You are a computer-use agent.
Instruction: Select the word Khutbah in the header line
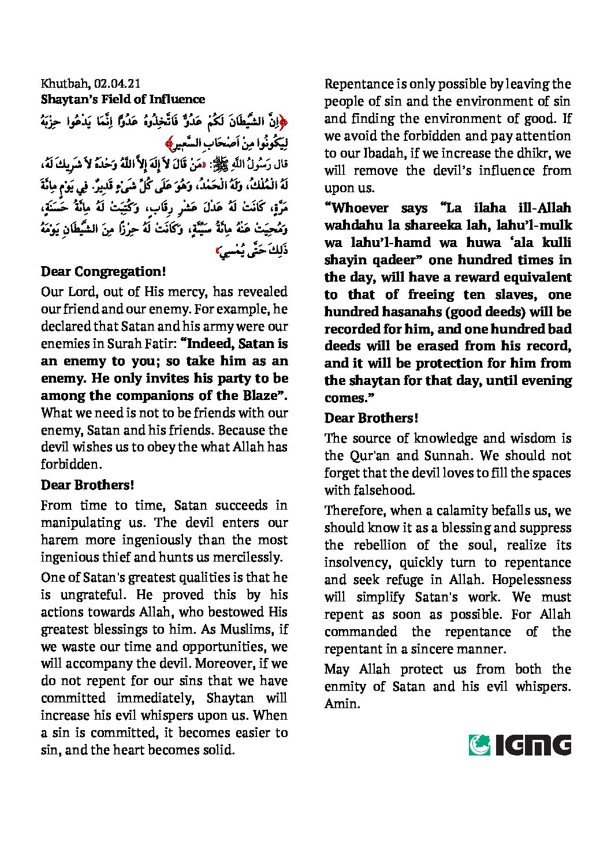[62, 84]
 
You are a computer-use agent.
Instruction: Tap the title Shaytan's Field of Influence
[111, 99]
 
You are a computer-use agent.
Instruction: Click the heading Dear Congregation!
[103, 272]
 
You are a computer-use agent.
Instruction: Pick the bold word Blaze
[256, 396]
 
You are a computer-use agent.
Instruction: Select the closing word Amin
[342, 704]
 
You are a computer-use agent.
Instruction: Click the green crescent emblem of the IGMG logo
[479, 745]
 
